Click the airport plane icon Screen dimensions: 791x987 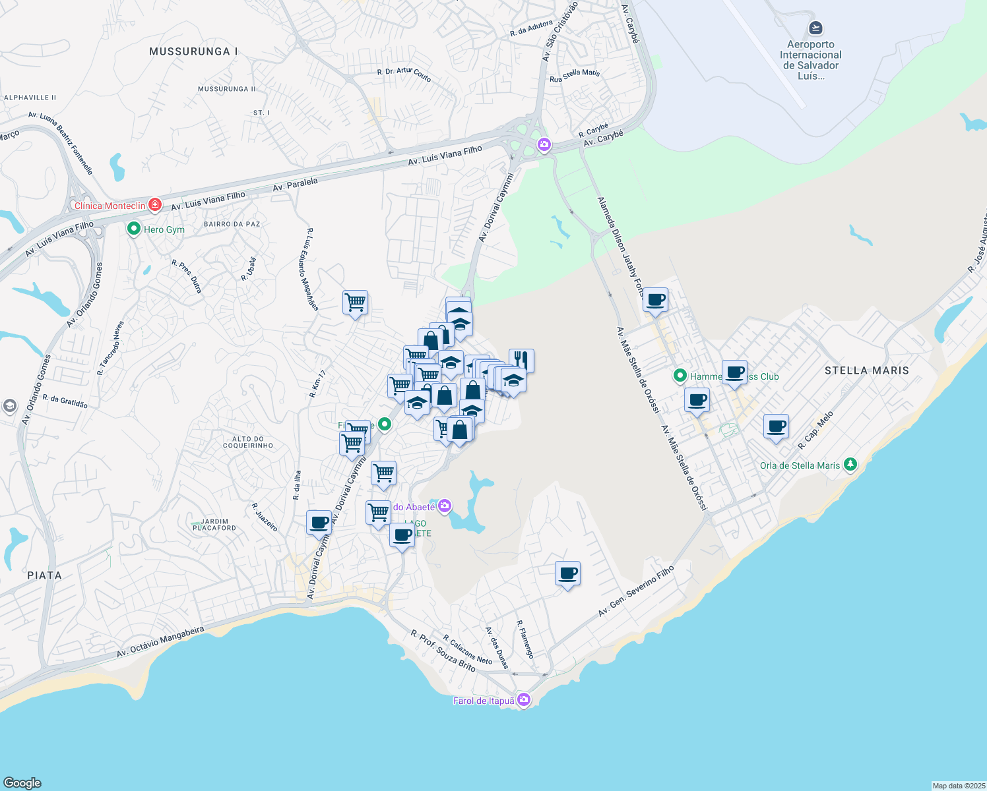pyautogui.click(x=815, y=28)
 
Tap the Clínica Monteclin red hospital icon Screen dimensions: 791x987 pyautogui.click(x=155, y=205)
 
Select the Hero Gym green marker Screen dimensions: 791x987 pyautogui.click(x=134, y=229)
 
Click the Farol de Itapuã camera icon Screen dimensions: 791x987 pyautogui.click(x=524, y=699)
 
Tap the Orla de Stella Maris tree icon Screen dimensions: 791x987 pyautogui.click(x=850, y=465)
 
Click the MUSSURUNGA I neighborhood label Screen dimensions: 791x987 pyautogui.click(x=193, y=51)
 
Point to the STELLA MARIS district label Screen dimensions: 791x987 pyautogui.click(x=866, y=370)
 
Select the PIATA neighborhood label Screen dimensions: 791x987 pyautogui.click(x=44, y=575)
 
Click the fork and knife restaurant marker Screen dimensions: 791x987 pyautogui.click(x=521, y=360)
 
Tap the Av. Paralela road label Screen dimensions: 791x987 pyautogui.click(x=295, y=185)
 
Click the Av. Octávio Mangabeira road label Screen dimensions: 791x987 pyautogui.click(x=160, y=642)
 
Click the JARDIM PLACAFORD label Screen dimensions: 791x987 pyautogui.click(x=214, y=525)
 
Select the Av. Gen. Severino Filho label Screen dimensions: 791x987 pyautogui.click(x=636, y=591)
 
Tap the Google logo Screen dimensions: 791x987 pyautogui.click(x=22, y=782)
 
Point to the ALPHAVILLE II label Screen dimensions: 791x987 pyautogui.click(x=30, y=98)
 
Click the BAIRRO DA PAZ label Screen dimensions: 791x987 pyautogui.click(x=232, y=224)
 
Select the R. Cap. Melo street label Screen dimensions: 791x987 pyautogui.click(x=816, y=430)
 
